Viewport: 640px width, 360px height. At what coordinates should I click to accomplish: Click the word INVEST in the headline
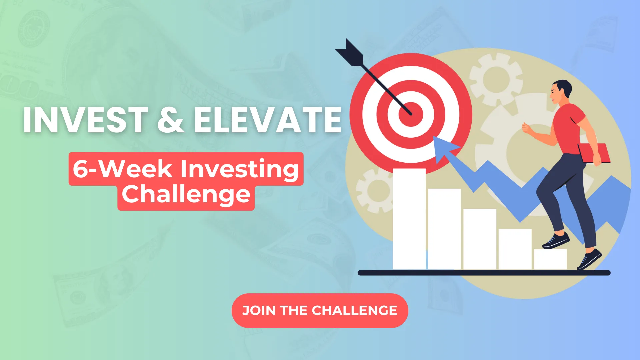coord(86,120)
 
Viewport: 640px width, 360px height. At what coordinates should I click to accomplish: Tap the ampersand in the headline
coord(171,120)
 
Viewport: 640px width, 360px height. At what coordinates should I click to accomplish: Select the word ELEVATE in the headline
coord(268,120)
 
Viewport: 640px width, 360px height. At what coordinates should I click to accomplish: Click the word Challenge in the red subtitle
coord(186,195)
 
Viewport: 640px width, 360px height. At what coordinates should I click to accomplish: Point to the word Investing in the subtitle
coord(239,169)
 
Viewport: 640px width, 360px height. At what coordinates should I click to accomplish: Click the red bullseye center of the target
coord(411,114)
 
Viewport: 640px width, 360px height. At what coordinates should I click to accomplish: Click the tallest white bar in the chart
coord(409,219)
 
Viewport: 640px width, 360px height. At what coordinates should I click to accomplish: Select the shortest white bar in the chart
coord(550,259)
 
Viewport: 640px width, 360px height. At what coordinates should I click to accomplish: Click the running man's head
coord(561,91)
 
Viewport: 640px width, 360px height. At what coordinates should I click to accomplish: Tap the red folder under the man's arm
coord(594,153)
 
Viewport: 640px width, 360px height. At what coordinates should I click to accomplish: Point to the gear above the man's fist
coord(495,79)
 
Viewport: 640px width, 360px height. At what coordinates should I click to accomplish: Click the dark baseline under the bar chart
coord(484,273)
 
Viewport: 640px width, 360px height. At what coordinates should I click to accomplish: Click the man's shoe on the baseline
coord(589,259)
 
